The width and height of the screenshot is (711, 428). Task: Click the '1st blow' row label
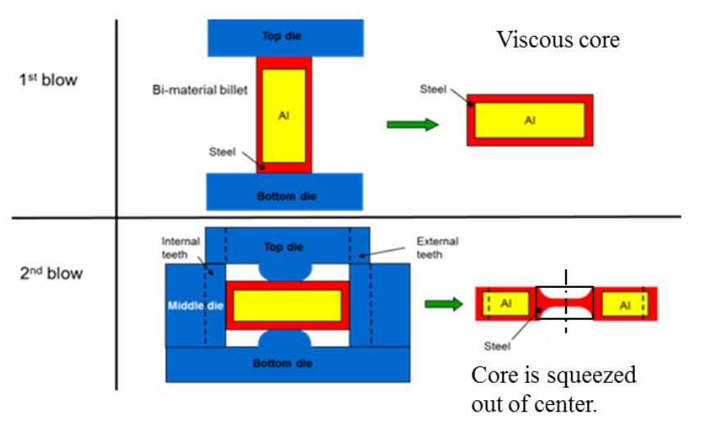[x=48, y=80]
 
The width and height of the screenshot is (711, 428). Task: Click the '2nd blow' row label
[x=52, y=272]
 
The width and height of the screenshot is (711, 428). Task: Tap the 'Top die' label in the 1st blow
[x=283, y=35]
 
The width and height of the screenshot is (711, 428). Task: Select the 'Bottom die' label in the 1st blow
[x=283, y=196]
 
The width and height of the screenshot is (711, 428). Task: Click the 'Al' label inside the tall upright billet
[x=283, y=116]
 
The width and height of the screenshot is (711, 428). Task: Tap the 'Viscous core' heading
[x=558, y=40]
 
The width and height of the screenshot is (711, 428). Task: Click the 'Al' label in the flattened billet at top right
[x=529, y=120]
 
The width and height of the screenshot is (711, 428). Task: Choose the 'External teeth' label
[x=437, y=247]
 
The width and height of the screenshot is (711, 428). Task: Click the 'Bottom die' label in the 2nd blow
[x=287, y=362]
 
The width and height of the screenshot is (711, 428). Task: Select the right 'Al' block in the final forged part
[x=624, y=305]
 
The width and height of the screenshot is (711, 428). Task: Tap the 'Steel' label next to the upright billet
[x=222, y=152]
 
